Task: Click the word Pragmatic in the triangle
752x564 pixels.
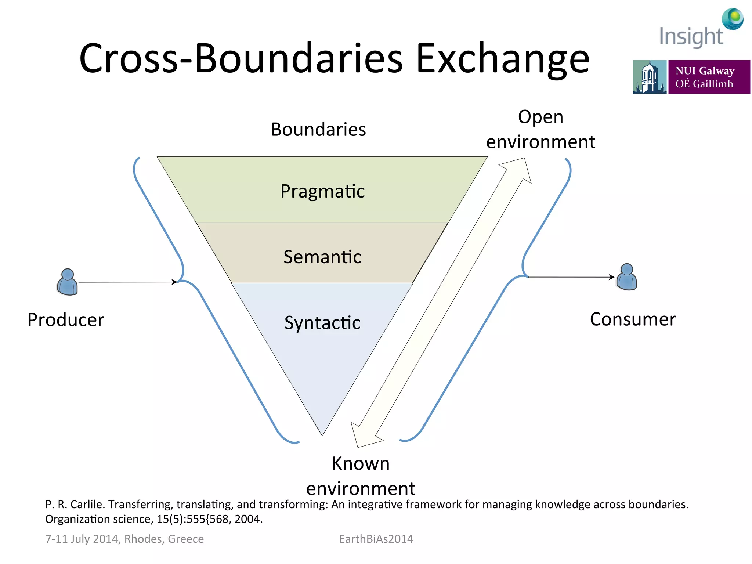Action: point(322,191)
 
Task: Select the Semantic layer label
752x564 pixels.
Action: point(322,257)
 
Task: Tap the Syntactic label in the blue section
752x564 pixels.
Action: point(322,323)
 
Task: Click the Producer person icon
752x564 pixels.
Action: point(68,282)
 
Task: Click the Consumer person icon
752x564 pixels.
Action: point(626,277)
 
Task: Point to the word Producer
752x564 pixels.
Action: point(66,319)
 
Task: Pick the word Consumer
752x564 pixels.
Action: point(633,319)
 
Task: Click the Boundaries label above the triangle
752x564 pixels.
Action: point(318,129)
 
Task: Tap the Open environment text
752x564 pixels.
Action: point(540,129)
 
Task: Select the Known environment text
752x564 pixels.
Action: point(361,476)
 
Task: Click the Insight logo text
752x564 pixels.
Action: point(691,37)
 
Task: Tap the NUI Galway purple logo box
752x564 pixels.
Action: point(709,77)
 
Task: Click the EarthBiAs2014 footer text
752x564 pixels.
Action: point(376,539)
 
